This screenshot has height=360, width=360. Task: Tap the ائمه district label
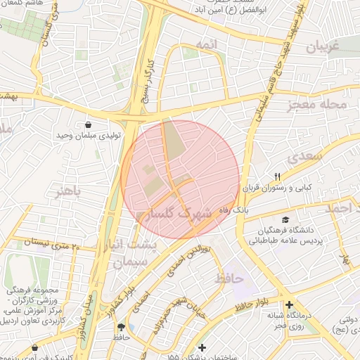pos(209,44)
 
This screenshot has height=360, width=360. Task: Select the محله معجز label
pos(317,105)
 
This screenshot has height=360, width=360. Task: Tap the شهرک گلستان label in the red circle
pos(180,216)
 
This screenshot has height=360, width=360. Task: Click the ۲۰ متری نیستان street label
pos(53,243)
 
